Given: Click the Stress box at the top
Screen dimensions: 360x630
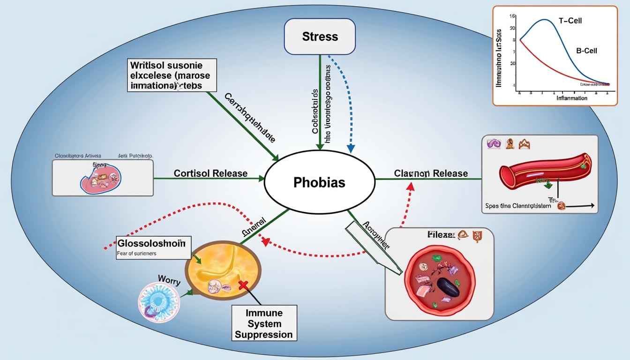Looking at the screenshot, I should [x=319, y=37].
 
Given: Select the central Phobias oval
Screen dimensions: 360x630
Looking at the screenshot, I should [x=319, y=182].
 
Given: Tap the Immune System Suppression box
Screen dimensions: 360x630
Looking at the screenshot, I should [x=264, y=323].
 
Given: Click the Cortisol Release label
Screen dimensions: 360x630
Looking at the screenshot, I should [x=210, y=173].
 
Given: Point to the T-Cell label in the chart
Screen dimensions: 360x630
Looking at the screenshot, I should [x=570, y=21].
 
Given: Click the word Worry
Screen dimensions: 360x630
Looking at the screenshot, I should [x=169, y=281].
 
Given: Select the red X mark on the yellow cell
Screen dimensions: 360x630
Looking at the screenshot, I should [x=243, y=284].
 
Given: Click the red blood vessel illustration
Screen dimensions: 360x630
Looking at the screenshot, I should [x=539, y=170].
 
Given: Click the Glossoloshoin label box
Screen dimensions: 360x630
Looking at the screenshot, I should [x=151, y=243].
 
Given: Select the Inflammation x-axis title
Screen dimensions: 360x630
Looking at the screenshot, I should [x=571, y=98].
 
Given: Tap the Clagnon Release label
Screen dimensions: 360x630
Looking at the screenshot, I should [x=431, y=173].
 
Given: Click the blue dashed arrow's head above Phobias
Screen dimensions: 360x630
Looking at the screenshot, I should [x=350, y=148].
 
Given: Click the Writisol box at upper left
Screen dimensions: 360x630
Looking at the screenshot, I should [x=171, y=75].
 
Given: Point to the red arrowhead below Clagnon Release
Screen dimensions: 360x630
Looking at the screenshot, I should [x=411, y=186].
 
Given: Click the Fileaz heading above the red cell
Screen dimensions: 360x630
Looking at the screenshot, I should [x=441, y=235].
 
